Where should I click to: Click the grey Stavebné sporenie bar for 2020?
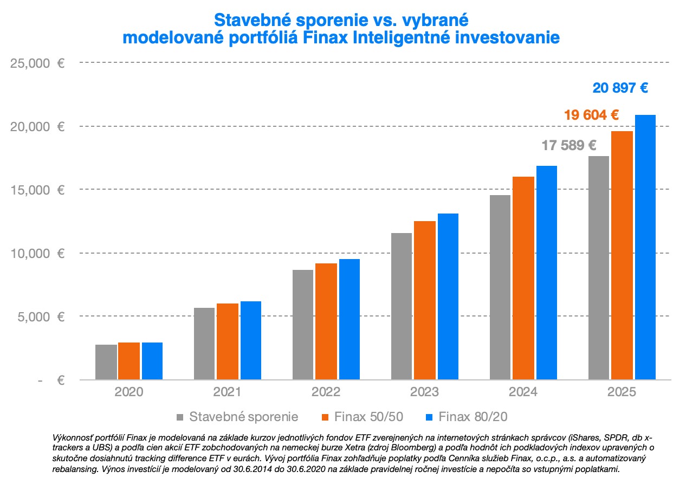pyautogui.click(x=106, y=362)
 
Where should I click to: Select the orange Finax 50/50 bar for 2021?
pyautogui.click(x=228, y=341)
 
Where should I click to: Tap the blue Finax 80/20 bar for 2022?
pyautogui.click(x=349, y=319)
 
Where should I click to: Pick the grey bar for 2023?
pyautogui.click(x=401, y=306)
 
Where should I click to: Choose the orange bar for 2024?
pyautogui.click(x=523, y=278)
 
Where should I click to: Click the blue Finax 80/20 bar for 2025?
pyautogui.click(x=645, y=247)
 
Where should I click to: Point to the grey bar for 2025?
pyautogui.click(x=598, y=268)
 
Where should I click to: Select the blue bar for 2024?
pyautogui.click(x=546, y=273)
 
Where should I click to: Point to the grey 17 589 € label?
pyautogui.click(x=569, y=145)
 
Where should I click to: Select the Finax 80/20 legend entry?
pyautogui.click(x=465, y=417)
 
